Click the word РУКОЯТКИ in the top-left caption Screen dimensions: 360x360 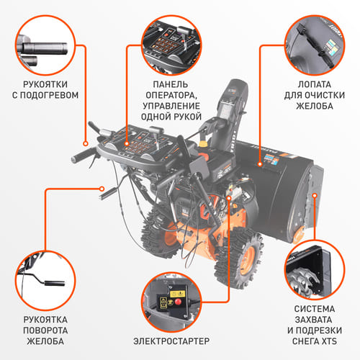coord(45,84)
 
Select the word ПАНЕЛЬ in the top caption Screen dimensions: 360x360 coord(171,84)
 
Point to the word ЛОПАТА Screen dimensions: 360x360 coord(315,84)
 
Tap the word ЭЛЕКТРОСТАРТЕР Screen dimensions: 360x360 coord(171,341)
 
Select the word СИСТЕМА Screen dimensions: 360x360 coord(315,309)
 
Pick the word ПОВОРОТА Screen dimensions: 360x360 coord(45,330)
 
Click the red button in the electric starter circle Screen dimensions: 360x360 coord(178,302)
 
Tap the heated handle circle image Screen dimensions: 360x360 coord(45,45)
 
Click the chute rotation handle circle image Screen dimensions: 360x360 coord(45,280)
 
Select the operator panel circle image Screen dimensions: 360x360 coord(171,45)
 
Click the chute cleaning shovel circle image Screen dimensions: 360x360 coord(315,45)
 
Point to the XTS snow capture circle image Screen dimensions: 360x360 coord(315,269)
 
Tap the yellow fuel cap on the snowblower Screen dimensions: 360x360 coord(204,143)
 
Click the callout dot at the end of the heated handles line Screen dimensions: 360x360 coord(86,144)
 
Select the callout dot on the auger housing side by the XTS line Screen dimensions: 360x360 coord(315,196)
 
